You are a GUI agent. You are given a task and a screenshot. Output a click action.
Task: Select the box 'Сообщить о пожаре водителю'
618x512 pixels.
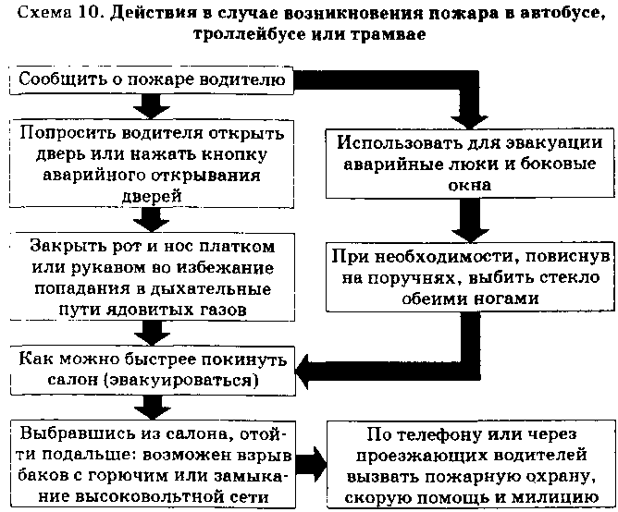click(152, 80)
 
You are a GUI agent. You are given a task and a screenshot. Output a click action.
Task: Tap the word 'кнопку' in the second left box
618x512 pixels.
click(234, 154)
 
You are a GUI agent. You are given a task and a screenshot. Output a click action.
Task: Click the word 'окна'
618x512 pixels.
click(469, 185)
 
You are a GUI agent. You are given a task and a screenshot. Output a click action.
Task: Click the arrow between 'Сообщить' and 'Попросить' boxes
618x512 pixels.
click(152, 106)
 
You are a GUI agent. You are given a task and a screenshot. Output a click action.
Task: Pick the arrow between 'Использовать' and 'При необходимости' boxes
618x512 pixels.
click(470, 220)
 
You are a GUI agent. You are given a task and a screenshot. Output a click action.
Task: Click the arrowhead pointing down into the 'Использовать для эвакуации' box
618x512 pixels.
click(469, 120)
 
